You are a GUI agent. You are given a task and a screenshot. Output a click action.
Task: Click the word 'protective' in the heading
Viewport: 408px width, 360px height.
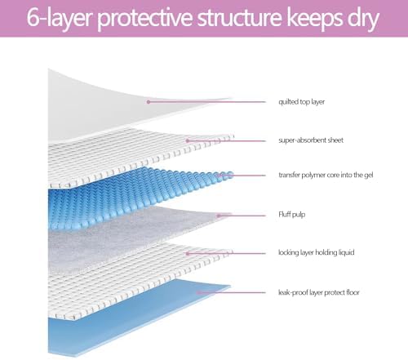pyautogui.click(x=144, y=19)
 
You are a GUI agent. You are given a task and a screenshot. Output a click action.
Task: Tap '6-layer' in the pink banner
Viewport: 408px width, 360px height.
pyautogui.click(x=59, y=19)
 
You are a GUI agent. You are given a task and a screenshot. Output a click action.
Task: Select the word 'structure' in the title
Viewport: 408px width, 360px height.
pyautogui.click(x=239, y=18)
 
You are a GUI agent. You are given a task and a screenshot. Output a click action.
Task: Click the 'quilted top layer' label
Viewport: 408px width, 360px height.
pyautogui.click(x=301, y=102)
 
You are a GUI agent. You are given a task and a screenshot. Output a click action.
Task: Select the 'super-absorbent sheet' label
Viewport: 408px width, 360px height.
pyautogui.click(x=311, y=140)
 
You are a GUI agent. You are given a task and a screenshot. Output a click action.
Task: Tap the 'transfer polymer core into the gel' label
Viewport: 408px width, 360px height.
pyautogui.click(x=326, y=175)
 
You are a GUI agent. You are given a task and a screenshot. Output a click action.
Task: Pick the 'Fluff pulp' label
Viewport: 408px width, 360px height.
pyautogui.click(x=291, y=215)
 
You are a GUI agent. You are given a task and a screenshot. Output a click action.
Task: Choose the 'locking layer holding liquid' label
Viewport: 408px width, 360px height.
pyautogui.click(x=316, y=252)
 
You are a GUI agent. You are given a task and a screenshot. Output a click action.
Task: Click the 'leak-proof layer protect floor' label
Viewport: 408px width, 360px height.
pyautogui.click(x=318, y=292)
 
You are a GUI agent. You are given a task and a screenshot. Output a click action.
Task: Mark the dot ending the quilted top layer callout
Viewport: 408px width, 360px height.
pyautogui.click(x=149, y=102)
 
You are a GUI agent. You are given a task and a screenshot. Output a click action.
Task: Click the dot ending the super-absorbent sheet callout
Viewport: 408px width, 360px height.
pyautogui.click(x=188, y=140)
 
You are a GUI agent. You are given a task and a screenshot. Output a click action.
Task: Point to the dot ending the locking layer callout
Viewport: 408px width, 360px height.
pyautogui.click(x=188, y=254)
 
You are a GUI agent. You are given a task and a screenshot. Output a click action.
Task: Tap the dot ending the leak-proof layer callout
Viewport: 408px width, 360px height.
pyautogui.click(x=199, y=293)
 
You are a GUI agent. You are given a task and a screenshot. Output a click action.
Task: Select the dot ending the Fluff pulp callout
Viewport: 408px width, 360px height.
pyautogui.click(x=219, y=216)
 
